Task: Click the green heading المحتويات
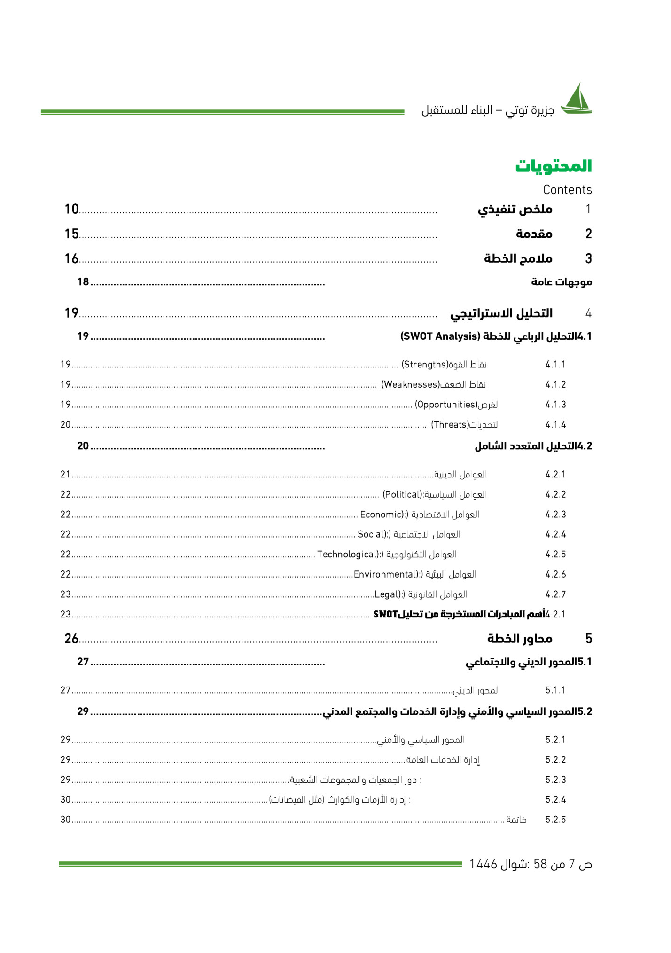click(553, 166)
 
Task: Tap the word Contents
click(567, 190)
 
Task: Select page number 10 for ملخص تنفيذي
click(71, 209)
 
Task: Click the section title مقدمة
click(534, 234)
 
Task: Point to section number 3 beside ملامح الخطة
click(588, 258)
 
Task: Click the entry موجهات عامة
click(561, 282)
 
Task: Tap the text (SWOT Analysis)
click(440, 336)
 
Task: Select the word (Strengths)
click(425, 365)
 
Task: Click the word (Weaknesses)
click(410, 385)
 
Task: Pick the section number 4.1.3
click(555, 405)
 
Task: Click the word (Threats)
click(450, 425)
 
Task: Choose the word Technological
click(348, 555)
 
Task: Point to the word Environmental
click(385, 574)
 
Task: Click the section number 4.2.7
click(555, 594)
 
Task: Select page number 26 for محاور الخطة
click(71, 639)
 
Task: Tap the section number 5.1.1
click(555, 690)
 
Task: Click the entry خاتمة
click(516, 820)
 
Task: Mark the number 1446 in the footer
click(483, 864)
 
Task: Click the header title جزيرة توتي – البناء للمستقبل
click(487, 110)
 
